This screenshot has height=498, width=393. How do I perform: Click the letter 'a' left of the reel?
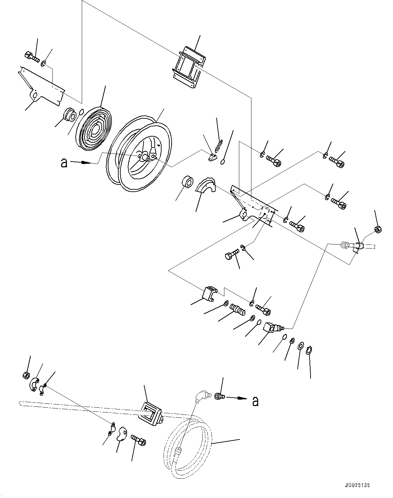(x=63, y=163)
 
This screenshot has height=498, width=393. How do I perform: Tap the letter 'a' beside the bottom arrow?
(x=255, y=401)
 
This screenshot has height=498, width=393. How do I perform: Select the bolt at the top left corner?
(x=31, y=56)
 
